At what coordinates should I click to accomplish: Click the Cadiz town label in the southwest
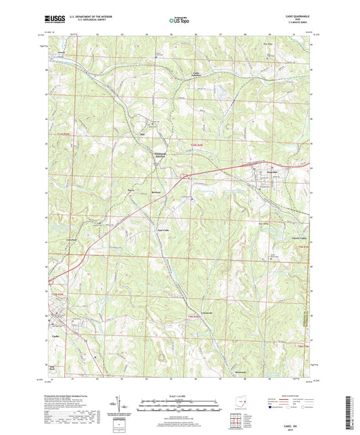57,336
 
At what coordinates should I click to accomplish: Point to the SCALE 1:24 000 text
179,396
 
